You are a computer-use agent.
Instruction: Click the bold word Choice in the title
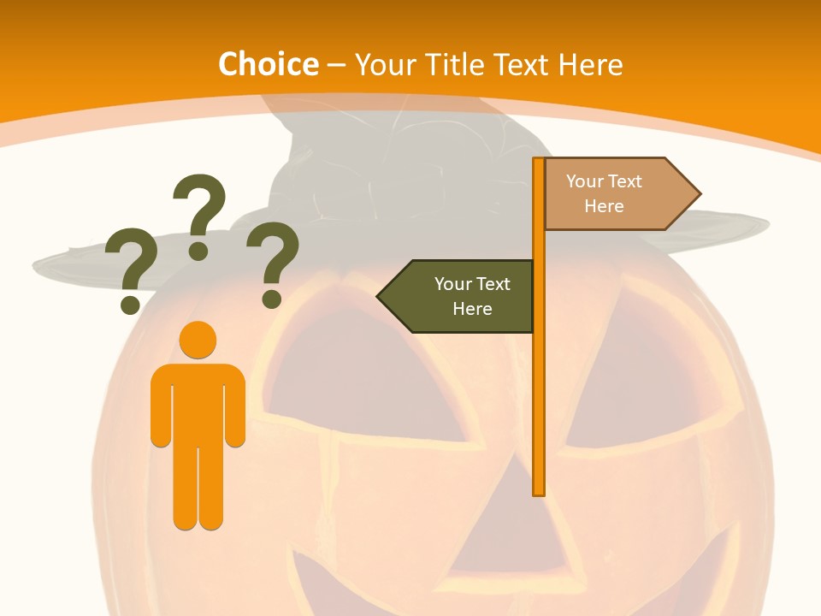coord(268,65)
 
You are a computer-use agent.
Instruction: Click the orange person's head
coord(198,340)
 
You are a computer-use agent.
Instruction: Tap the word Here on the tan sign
coord(604,206)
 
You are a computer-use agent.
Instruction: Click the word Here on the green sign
coord(472,309)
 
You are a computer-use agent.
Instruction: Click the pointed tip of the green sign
coord(381,296)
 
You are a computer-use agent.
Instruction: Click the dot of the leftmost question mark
coord(130,305)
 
